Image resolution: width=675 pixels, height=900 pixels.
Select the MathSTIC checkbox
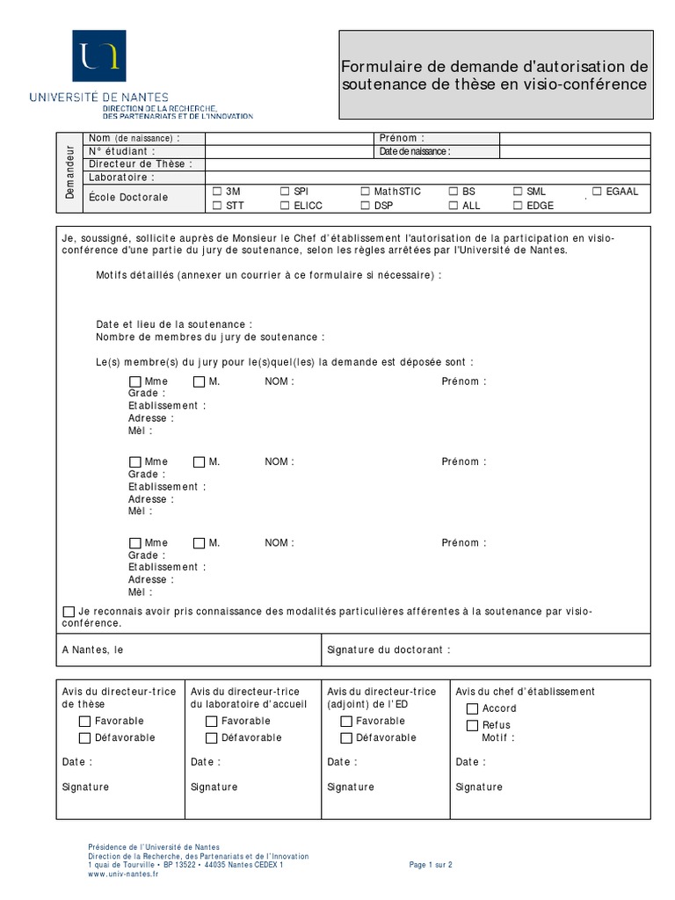[366, 191]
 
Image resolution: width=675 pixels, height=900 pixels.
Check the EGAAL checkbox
[598, 191]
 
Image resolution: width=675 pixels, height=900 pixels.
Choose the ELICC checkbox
[285, 206]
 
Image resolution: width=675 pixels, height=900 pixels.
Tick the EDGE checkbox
[518, 206]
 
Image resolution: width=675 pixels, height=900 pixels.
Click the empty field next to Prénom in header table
[575, 138]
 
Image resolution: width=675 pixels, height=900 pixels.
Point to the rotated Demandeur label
[70, 172]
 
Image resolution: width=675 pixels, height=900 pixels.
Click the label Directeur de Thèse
[140, 164]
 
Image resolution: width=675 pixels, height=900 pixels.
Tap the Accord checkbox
[472, 708]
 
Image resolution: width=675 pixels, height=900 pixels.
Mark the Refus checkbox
[472, 725]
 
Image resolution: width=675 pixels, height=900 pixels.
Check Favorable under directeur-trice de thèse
[85, 722]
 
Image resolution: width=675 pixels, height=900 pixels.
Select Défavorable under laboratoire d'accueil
[212, 738]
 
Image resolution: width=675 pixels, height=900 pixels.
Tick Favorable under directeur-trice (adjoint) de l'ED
[346, 722]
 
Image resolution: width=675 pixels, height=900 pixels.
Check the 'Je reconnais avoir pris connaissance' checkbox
[69, 612]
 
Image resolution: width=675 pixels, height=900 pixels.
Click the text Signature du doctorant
[388, 650]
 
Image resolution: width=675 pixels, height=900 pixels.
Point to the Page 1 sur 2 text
[431, 865]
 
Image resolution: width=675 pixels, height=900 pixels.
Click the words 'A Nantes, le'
[93, 650]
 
